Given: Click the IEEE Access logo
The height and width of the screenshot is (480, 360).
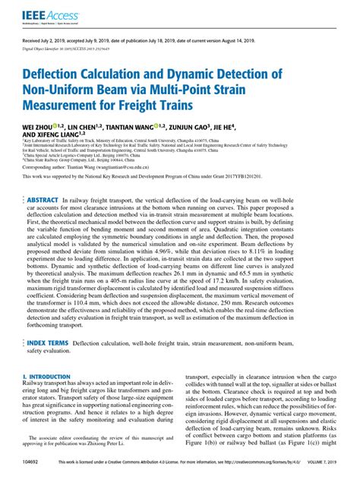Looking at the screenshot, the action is pos(42,13).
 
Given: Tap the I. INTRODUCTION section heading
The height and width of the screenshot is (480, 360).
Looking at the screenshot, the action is pos(49,376).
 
